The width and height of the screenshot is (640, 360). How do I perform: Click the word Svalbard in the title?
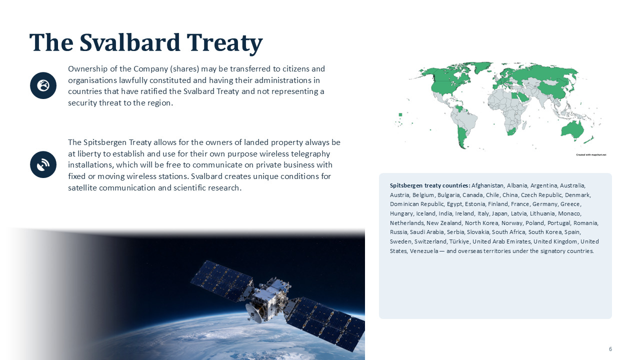(129, 43)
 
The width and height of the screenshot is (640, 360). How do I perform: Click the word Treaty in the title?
(224, 43)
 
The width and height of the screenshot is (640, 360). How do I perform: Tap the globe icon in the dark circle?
(43, 85)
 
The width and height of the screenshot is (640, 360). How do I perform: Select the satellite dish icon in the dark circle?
(43, 164)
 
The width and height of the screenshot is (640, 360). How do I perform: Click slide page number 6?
(610, 349)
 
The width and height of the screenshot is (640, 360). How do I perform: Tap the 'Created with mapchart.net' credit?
(591, 155)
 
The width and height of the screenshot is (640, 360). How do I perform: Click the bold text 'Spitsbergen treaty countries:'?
(430, 185)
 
